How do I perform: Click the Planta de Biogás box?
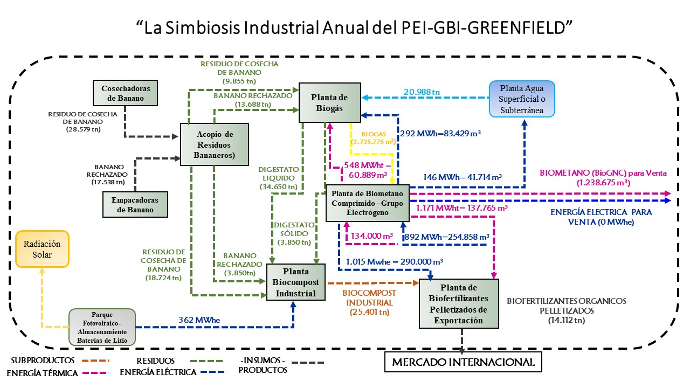tap(330, 101)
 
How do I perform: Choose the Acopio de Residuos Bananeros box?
tap(214, 144)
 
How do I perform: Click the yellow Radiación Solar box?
tap(43, 249)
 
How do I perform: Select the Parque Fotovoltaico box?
tap(102, 327)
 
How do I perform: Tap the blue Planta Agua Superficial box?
tap(522, 99)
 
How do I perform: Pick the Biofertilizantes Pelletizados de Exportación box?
tap(459, 303)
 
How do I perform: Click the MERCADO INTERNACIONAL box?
tap(463, 362)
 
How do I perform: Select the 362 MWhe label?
tap(199, 320)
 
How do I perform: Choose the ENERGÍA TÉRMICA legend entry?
tap(42, 373)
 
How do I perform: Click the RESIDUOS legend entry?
tap(155, 360)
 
